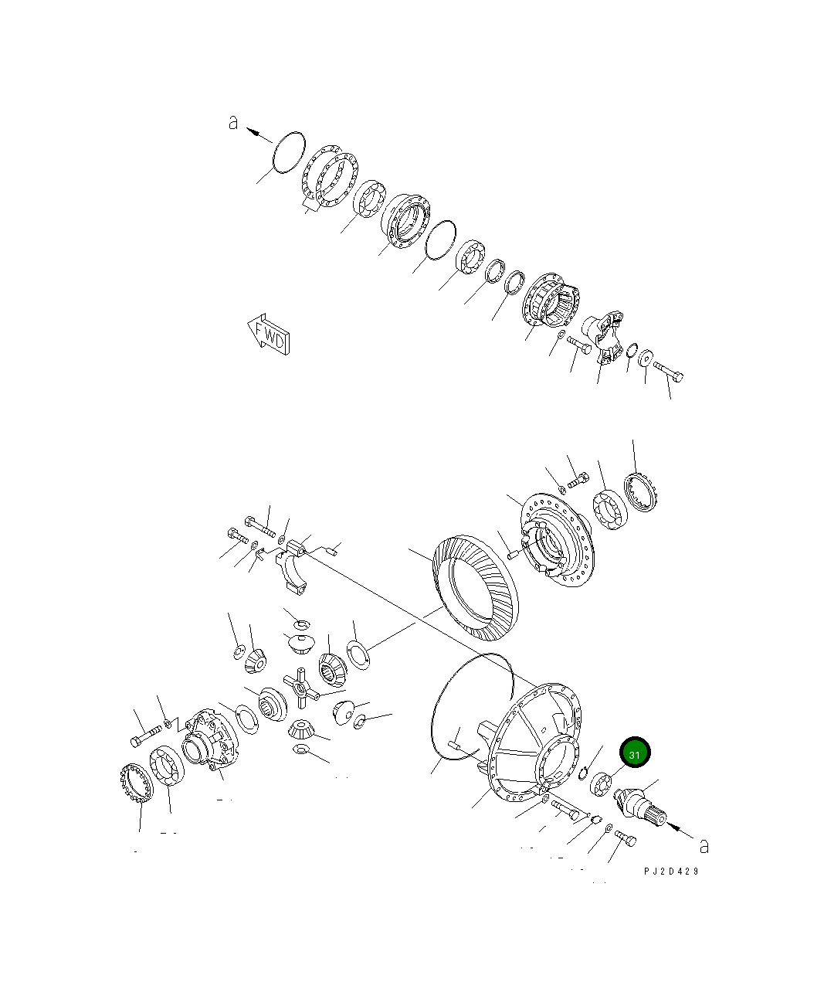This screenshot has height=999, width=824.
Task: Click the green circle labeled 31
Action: coord(634,753)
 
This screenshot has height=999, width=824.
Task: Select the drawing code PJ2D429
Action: coord(671,871)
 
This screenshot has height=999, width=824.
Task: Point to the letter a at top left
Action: coord(233,122)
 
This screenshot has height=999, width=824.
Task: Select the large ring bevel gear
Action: coord(474,588)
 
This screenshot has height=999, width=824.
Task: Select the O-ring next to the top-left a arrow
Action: coord(289,151)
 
